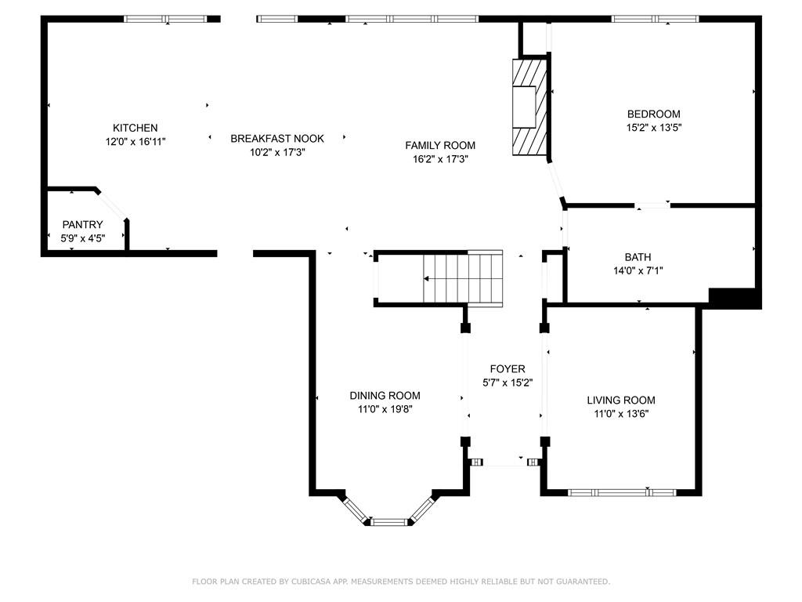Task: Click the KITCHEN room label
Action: [135, 128]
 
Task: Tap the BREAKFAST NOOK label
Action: [277, 138]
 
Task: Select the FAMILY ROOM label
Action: [440, 145]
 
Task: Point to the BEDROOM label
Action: [654, 114]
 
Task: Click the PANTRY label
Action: [82, 224]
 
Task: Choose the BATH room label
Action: [638, 257]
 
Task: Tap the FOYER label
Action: [508, 368]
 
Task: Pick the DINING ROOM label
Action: [385, 395]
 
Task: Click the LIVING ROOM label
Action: [621, 401]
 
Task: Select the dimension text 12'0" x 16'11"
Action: [135, 142]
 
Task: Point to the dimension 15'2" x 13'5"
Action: [654, 128]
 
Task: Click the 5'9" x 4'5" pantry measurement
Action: [83, 238]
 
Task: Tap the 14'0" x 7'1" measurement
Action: [638, 270]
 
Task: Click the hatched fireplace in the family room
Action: [530, 107]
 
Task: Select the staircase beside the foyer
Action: [462, 279]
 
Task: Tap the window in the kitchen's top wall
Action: [166, 19]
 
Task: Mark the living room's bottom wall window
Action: [622, 492]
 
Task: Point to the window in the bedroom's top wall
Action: [656, 19]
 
